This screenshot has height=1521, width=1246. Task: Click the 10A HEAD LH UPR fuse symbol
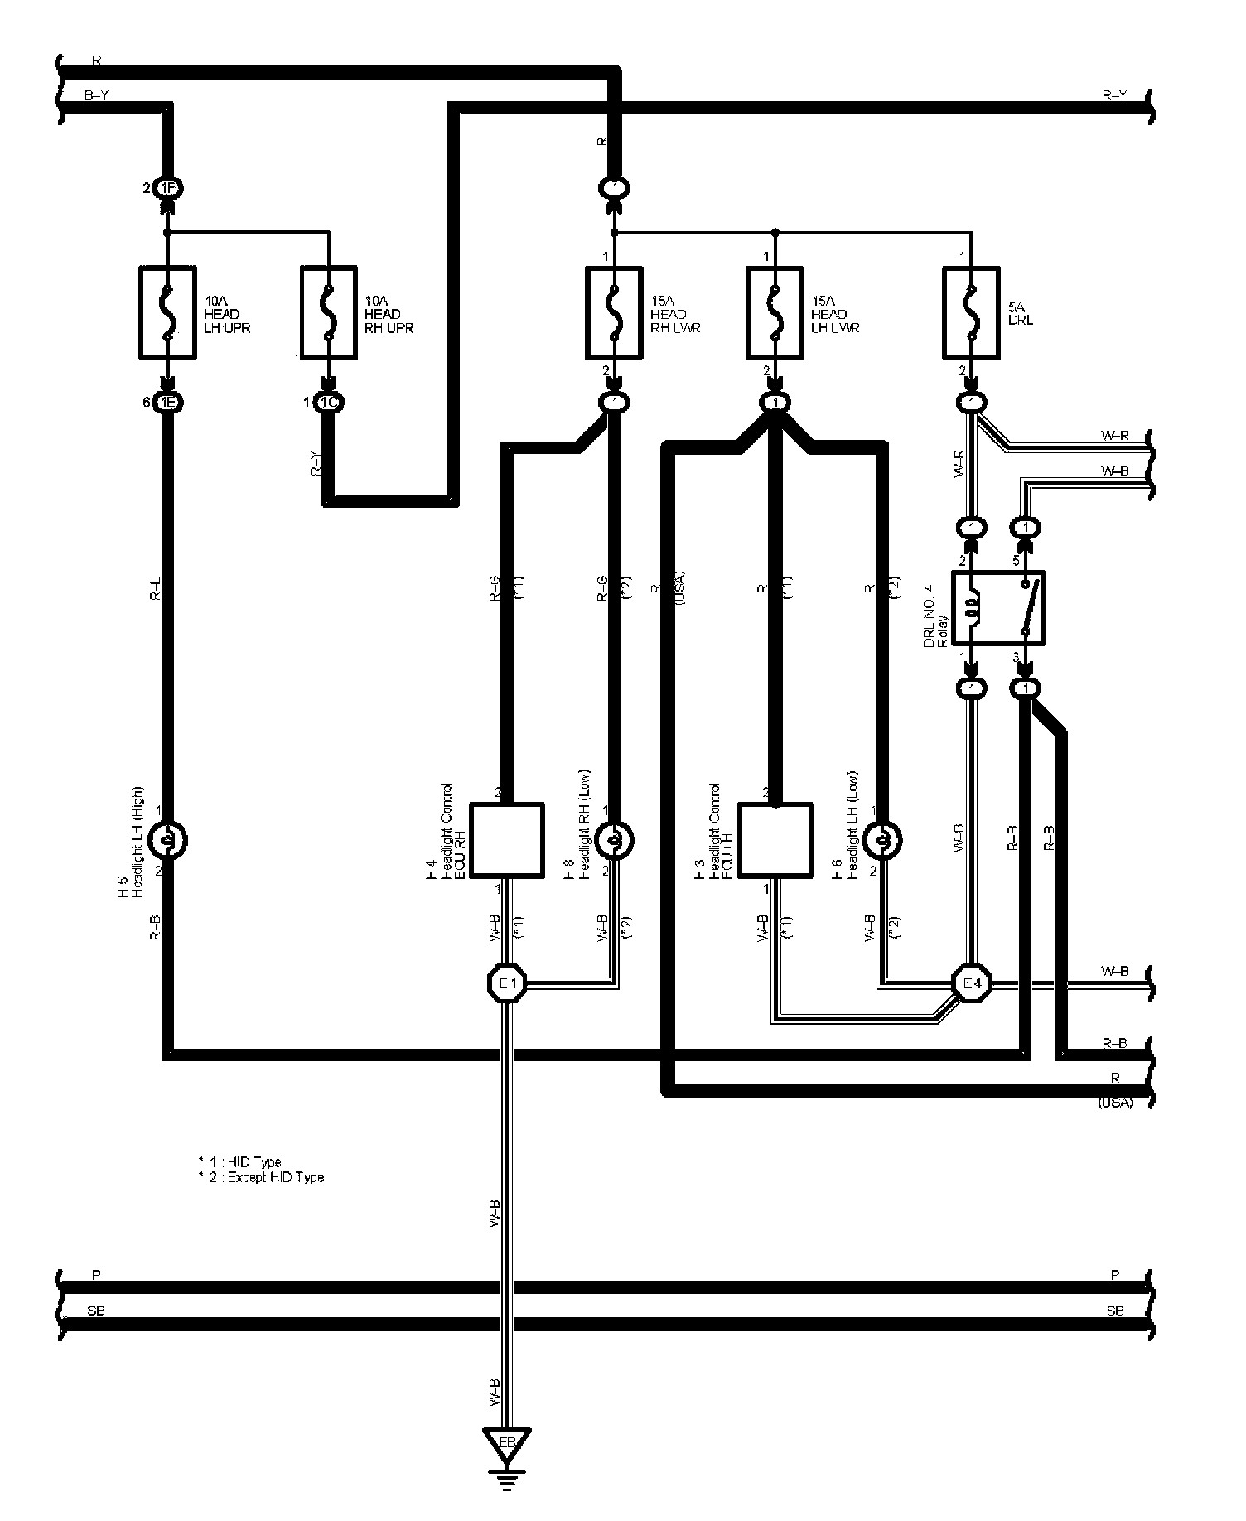point(167,312)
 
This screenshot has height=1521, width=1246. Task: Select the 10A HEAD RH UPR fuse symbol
point(329,312)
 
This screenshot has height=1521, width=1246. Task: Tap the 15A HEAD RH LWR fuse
point(614,312)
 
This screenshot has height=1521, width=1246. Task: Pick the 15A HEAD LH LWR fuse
point(775,312)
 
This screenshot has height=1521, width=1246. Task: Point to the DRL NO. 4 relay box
point(998,607)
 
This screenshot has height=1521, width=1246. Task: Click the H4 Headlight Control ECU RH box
point(507,840)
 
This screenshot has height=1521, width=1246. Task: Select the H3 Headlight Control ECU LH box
point(774,840)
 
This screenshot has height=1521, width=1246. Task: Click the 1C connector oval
point(329,403)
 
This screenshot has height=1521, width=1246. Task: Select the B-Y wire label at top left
point(97,96)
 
